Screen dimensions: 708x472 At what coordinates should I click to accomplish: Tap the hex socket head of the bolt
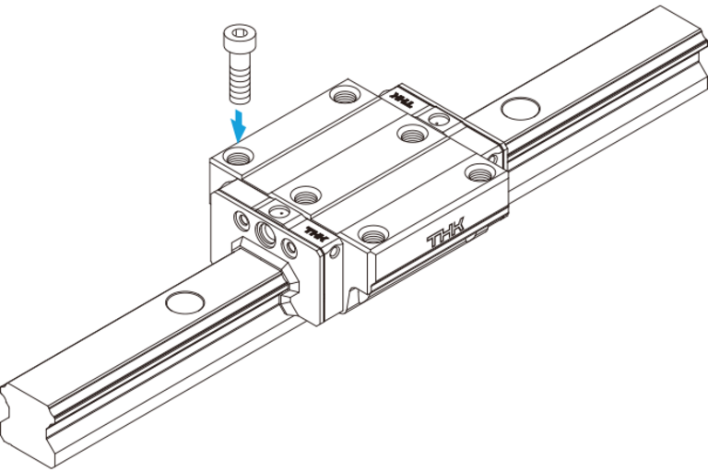tap(240, 38)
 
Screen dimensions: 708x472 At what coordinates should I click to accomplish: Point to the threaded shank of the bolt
tap(240, 77)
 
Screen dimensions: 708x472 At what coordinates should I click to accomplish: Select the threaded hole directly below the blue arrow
tap(239, 156)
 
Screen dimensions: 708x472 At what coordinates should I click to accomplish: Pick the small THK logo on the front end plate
tap(316, 234)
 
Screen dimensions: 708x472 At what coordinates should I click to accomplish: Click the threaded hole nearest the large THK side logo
tap(373, 234)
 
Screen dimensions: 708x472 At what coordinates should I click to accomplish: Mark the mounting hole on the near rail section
tap(185, 302)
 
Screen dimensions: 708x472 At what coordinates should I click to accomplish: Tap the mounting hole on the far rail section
tap(521, 109)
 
